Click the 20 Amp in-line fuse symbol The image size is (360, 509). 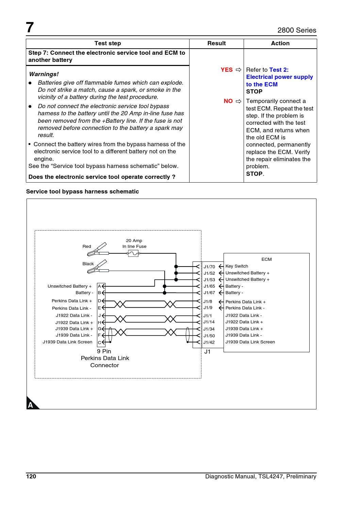[133, 253]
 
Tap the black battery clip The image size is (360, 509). [98, 267]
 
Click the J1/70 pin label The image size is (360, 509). [209, 267]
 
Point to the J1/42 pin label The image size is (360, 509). [209, 342]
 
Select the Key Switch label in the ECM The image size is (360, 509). [236, 266]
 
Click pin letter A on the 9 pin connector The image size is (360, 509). [99, 286]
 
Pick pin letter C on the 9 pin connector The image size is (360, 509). [99, 342]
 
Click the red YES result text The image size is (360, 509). [227, 70]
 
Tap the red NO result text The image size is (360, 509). [228, 101]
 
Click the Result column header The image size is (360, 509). [216, 43]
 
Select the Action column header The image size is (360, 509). [280, 43]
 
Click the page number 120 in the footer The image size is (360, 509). [31, 476]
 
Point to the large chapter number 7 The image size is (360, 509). [30, 28]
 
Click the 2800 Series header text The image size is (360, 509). [297, 30]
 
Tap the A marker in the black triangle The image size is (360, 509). [31, 405]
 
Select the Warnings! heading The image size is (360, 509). [44, 74]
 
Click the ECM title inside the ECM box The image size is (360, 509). [266, 259]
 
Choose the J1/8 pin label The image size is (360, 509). [208, 302]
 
